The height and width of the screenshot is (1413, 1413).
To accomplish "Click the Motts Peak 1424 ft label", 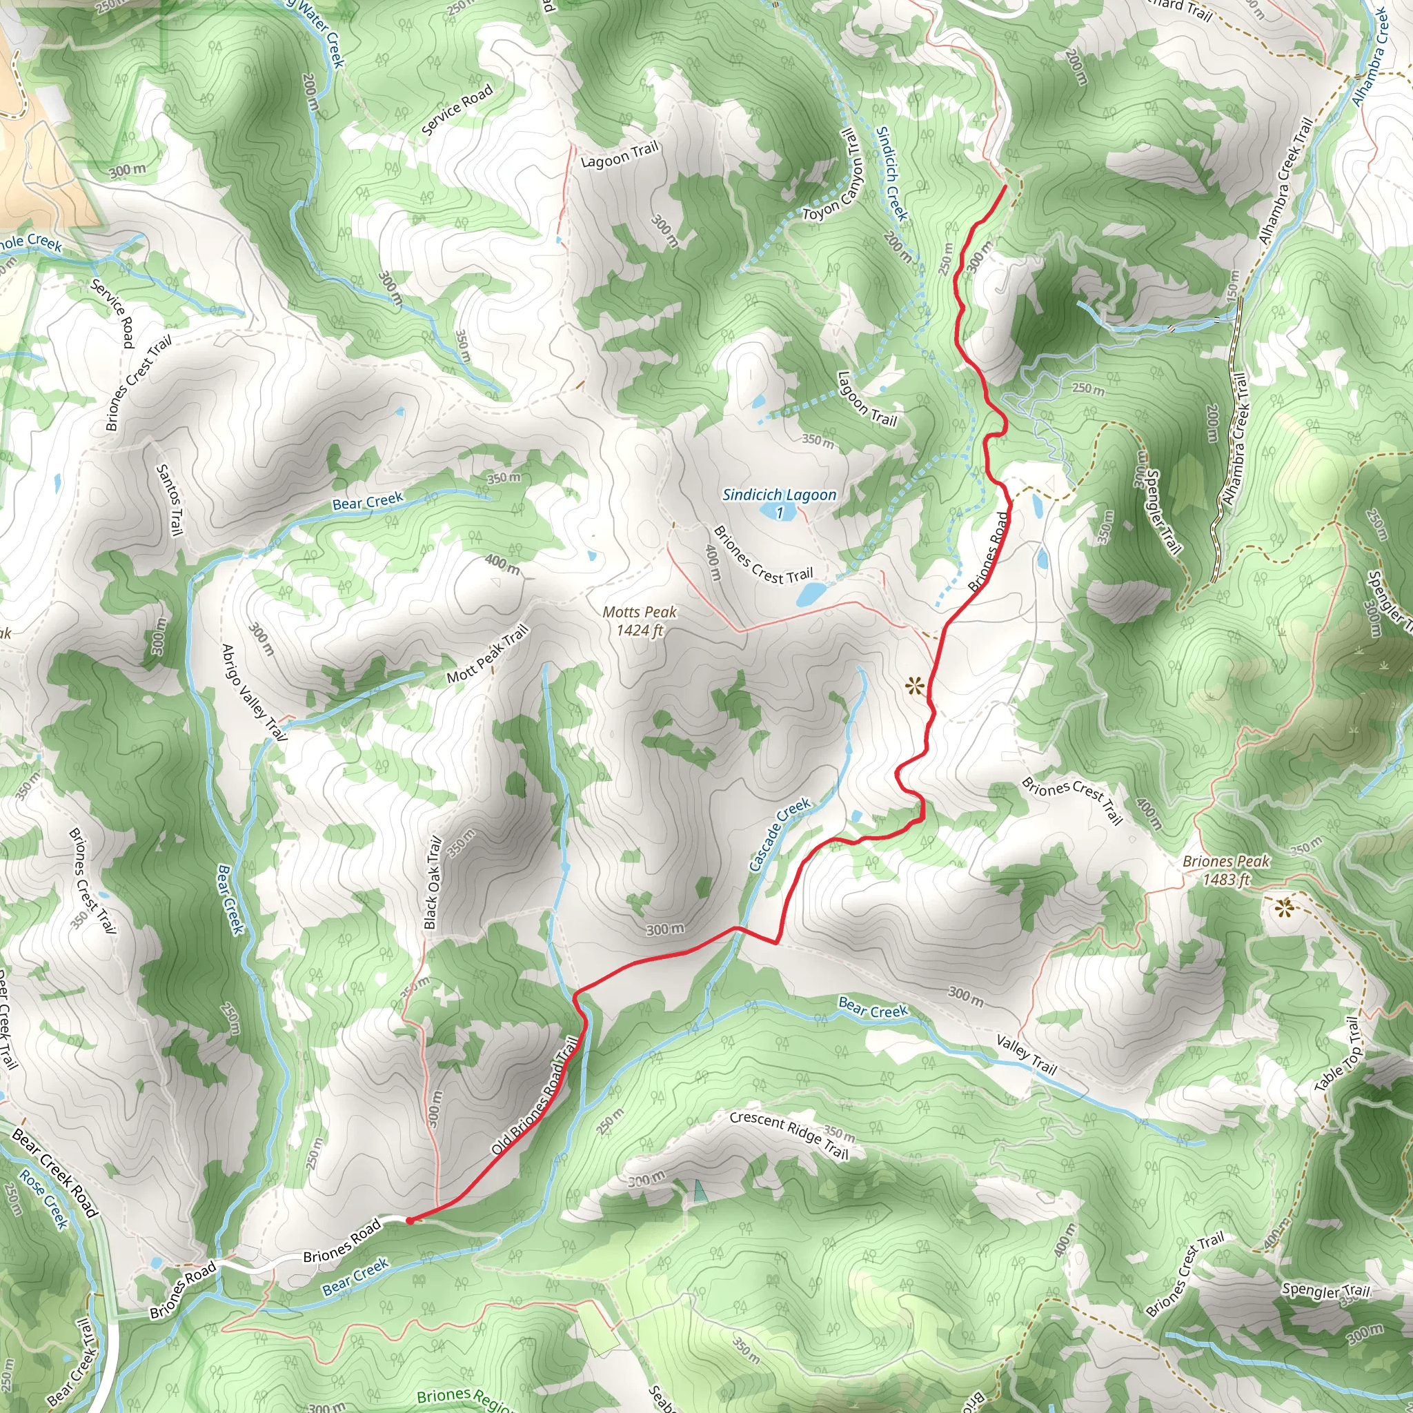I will (x=639, y=621).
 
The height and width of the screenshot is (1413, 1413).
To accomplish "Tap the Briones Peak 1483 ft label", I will (x=1226, y=870).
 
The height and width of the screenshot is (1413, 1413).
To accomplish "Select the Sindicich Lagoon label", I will (x=779, y=495).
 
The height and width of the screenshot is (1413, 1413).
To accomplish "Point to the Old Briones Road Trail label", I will (x=535, y=1095).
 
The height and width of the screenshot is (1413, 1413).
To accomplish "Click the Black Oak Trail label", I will (x=434, y=882).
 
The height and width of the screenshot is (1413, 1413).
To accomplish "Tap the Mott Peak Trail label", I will (x=487, y=654).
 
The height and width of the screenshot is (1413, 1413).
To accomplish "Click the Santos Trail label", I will (x=169, y=500).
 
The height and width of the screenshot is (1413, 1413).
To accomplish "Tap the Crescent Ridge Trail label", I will (x=789, y=1135).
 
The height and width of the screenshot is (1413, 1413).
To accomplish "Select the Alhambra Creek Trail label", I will (x=1285, y=182).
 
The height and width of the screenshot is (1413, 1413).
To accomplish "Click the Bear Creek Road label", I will (x=55, y=1173).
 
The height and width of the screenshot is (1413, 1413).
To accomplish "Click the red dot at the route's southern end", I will (x=411, y=1220).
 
